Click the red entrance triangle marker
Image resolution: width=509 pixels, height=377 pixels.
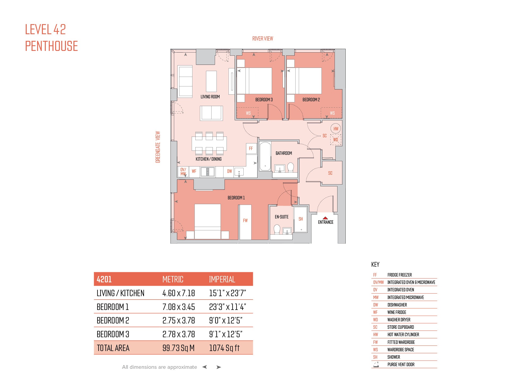[x=325, y=218]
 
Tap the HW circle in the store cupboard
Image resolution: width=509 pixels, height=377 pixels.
[x=336, y=129]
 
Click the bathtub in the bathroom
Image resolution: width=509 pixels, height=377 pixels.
[x=265, y=156]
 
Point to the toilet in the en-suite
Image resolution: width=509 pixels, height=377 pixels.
[x=277, y=229]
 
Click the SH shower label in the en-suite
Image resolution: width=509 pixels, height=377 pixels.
[x=301, y=219]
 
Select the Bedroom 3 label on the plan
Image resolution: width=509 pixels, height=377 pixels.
[x=264, y=100]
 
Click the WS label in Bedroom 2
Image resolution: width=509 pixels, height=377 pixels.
[x=332, y=113]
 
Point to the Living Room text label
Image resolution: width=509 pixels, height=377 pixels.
[x=210, y=97]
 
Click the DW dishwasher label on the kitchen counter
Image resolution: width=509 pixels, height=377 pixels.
[x=230, y=171]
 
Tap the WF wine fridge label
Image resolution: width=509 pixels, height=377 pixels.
[x=194, y=171]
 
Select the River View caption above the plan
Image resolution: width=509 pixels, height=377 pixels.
[x=263, y=39]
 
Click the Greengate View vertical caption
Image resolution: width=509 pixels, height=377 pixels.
[x=158, y=147]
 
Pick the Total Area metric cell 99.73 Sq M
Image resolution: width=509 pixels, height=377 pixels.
[x=178, y=348]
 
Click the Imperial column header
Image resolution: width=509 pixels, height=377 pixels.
[x=222, y=279]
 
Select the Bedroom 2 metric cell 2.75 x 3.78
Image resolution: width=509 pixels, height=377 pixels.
[x=179, y=321]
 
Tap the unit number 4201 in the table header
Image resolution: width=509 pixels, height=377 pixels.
[x=104, y=279]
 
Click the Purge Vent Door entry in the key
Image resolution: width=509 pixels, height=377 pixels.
[x=401, y=365]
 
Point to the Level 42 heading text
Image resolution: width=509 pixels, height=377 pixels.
[x=45, y=29]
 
